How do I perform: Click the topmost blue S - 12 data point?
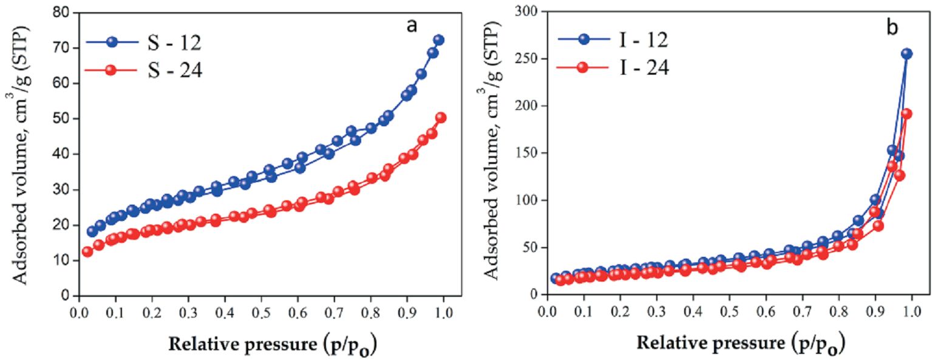pyautogui.click(x=438, y=40)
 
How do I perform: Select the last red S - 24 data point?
pyautogui.click(x=441, y=118)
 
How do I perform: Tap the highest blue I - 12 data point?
pyautogui.click(x=906, y=53)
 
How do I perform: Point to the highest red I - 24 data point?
pyautogui.click(x=907, y=114)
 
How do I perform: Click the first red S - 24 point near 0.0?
pyautogui.click(x=87, y=252)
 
